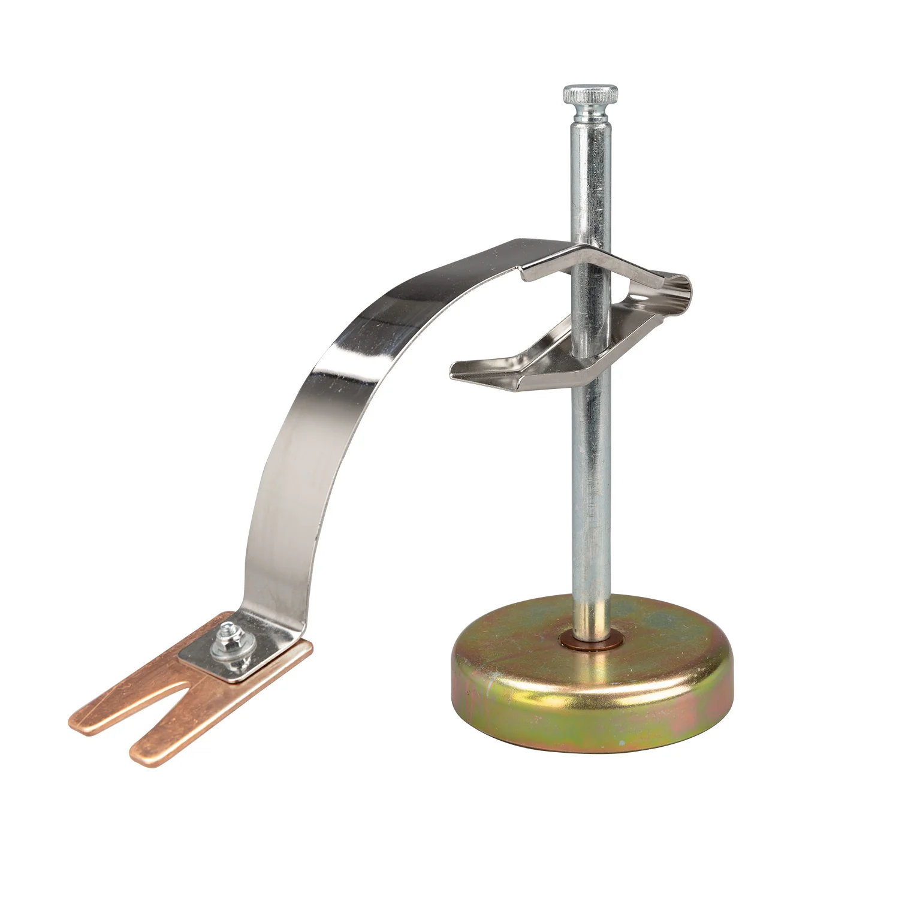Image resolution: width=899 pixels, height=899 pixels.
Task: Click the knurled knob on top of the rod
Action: point(590,95)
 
